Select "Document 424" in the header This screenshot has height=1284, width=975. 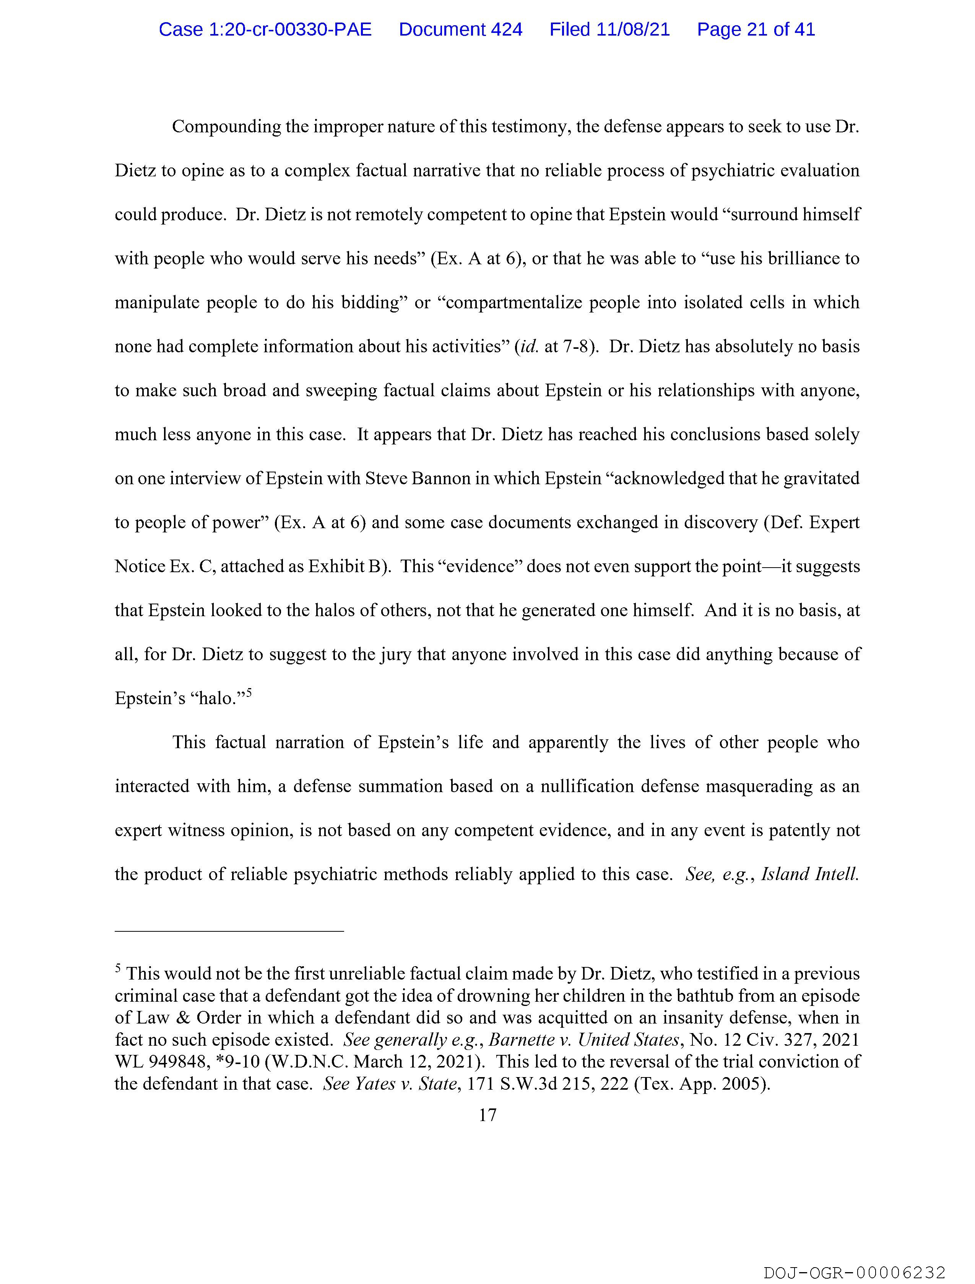click(460, 29)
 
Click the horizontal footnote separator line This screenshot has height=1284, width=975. click(229, 931)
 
